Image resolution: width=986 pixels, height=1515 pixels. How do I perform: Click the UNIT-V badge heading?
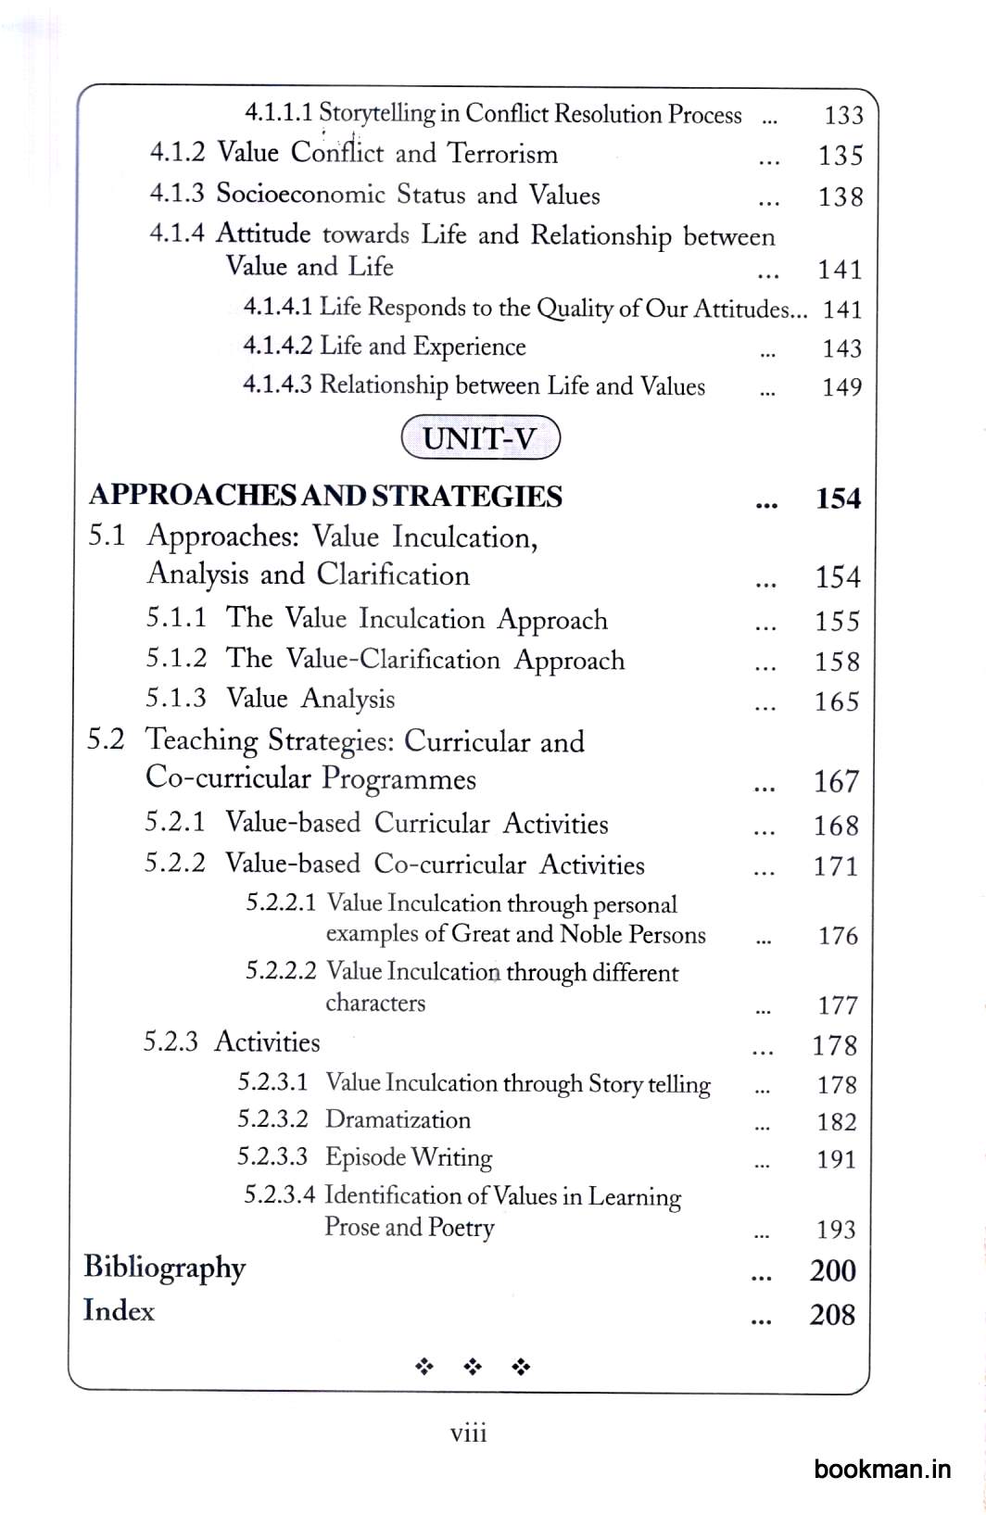[480, 438]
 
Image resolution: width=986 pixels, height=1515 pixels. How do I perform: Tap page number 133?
[843, 116]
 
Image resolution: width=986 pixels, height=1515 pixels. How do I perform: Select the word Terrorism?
[502, 154]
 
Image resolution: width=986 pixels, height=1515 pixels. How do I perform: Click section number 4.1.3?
[176, 194]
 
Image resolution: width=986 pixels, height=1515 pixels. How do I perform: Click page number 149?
[841, 387]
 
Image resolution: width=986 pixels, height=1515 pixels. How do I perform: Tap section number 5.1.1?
[175, 618]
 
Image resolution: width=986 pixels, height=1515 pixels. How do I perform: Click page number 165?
[837, 702]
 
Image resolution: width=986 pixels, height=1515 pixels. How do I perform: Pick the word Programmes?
[398, 780]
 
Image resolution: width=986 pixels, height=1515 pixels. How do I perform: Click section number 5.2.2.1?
[281, 903]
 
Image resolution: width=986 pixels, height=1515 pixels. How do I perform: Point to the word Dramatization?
[398, 1120]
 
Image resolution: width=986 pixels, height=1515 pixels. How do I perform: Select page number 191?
[836, 1160]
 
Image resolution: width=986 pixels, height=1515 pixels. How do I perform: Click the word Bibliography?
[165, 1269]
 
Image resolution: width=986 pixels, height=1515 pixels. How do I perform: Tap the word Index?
[119, 1311]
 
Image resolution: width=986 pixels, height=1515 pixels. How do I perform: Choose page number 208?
[832, 1315]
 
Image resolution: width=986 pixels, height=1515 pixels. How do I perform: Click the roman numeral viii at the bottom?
[468, 1433]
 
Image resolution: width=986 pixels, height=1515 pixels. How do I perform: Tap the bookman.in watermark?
[882, 1469]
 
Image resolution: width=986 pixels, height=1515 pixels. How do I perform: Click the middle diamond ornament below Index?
[473, 1367]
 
